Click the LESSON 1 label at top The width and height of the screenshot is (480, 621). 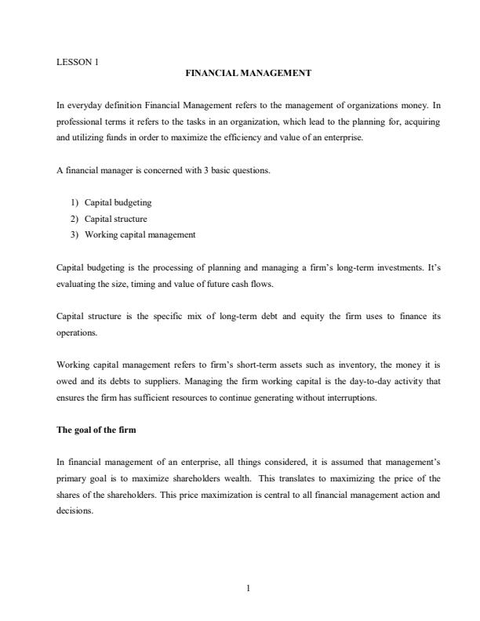[78, 61]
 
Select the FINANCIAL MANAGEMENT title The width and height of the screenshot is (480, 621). [248, 73]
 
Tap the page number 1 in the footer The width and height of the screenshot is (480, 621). [248, 590]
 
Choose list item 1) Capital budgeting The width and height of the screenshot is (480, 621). [118, 202]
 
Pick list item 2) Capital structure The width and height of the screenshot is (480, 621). [115, 219]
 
